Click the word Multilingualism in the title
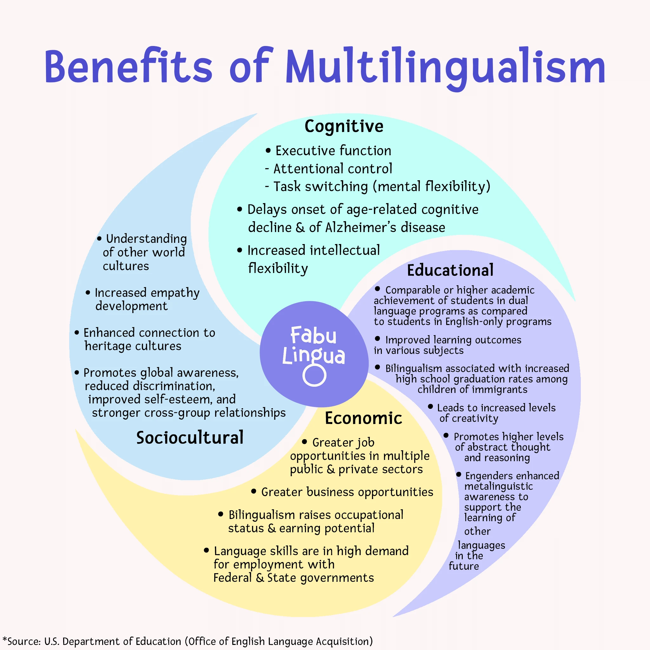445,67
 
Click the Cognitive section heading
344,127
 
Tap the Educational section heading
450,270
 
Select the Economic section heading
363,418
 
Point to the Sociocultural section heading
190,438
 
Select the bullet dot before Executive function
268,151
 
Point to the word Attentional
304,169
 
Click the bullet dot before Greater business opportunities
254,492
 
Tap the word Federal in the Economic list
232,578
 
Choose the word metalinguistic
499,486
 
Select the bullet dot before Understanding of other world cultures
99,239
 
